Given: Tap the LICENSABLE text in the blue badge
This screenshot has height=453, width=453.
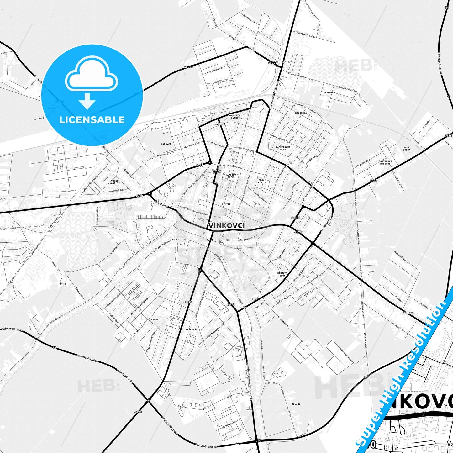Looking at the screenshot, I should (92, 119).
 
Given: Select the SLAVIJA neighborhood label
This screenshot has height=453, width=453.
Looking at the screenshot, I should (287, 62).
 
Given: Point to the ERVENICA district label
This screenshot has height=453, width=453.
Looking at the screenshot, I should (329, 92).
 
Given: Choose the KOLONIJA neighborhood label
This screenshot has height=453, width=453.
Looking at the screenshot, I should (301, 113).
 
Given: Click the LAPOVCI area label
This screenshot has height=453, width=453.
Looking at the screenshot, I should (166, 144).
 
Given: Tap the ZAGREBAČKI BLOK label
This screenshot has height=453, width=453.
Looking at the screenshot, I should (283, 148).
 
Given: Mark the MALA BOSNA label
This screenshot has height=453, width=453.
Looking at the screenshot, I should (407, 149).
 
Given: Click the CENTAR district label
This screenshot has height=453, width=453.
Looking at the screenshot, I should (226, 204).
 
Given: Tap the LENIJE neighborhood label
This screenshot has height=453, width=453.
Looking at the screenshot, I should (188, 302).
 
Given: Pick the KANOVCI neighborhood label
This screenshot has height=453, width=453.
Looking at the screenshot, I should (156, 319).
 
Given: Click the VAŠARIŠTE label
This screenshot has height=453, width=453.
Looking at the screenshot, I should (192, 329).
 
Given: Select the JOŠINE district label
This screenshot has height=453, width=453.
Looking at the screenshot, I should (296, 404).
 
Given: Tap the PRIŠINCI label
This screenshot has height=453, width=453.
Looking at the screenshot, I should (409, 313).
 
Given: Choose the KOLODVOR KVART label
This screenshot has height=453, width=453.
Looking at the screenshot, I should (235, 117).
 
